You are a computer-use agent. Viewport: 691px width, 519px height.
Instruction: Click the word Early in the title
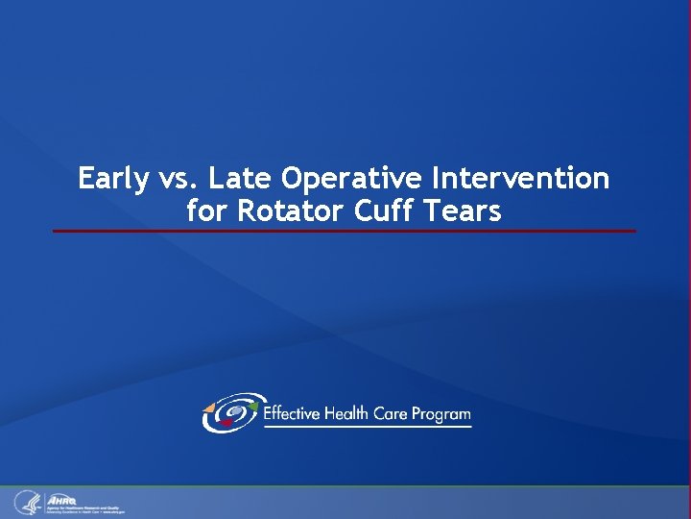pyautogui.click(x=112, y=179)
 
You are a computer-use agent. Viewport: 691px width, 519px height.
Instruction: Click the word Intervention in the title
pyautogui.click(x=521, y=179)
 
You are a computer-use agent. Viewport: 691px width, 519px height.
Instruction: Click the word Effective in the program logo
pyautogui.click(x=296, y=414)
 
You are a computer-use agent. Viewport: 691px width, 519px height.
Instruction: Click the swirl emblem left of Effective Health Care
pyautogui.click(x=229, y=413)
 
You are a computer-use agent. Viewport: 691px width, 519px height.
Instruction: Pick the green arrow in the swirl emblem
pyautogui.click(x=253, y=407)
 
